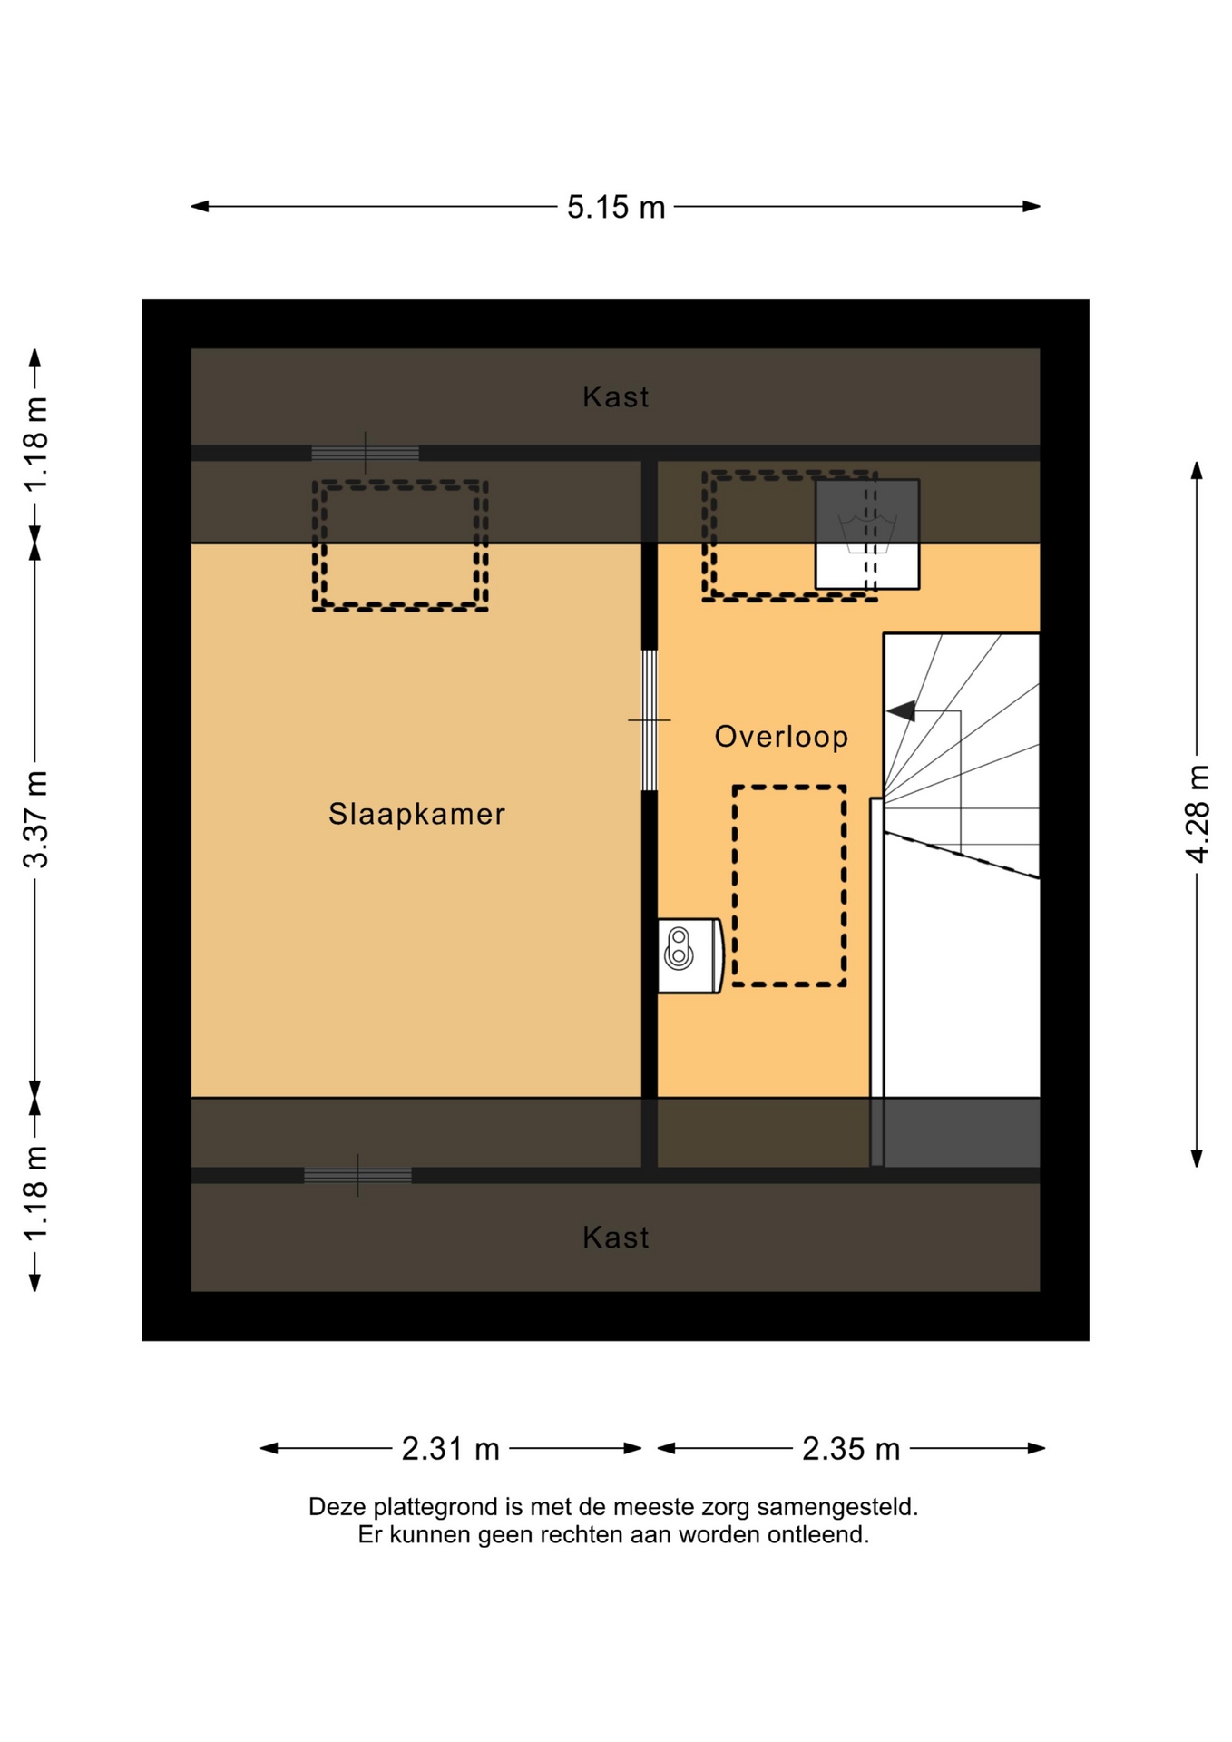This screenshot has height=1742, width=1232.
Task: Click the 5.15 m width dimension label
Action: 616,207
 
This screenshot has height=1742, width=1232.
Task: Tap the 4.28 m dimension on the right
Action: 1198,814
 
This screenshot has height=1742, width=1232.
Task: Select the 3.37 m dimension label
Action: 35,819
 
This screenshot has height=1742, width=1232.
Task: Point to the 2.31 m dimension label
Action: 451,1449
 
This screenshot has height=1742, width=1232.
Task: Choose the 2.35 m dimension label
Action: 851,1449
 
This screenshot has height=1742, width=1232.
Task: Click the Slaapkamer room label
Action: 416,814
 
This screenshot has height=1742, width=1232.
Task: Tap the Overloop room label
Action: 781,737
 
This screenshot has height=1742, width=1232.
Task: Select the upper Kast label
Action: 616,396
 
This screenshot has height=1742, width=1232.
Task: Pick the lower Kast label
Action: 616,1238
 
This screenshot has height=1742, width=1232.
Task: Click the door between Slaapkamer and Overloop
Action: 650,720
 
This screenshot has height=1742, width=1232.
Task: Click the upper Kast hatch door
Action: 366,453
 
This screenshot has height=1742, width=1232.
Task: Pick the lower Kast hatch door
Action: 357,1176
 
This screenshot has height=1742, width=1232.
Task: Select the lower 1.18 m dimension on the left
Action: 35,1194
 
